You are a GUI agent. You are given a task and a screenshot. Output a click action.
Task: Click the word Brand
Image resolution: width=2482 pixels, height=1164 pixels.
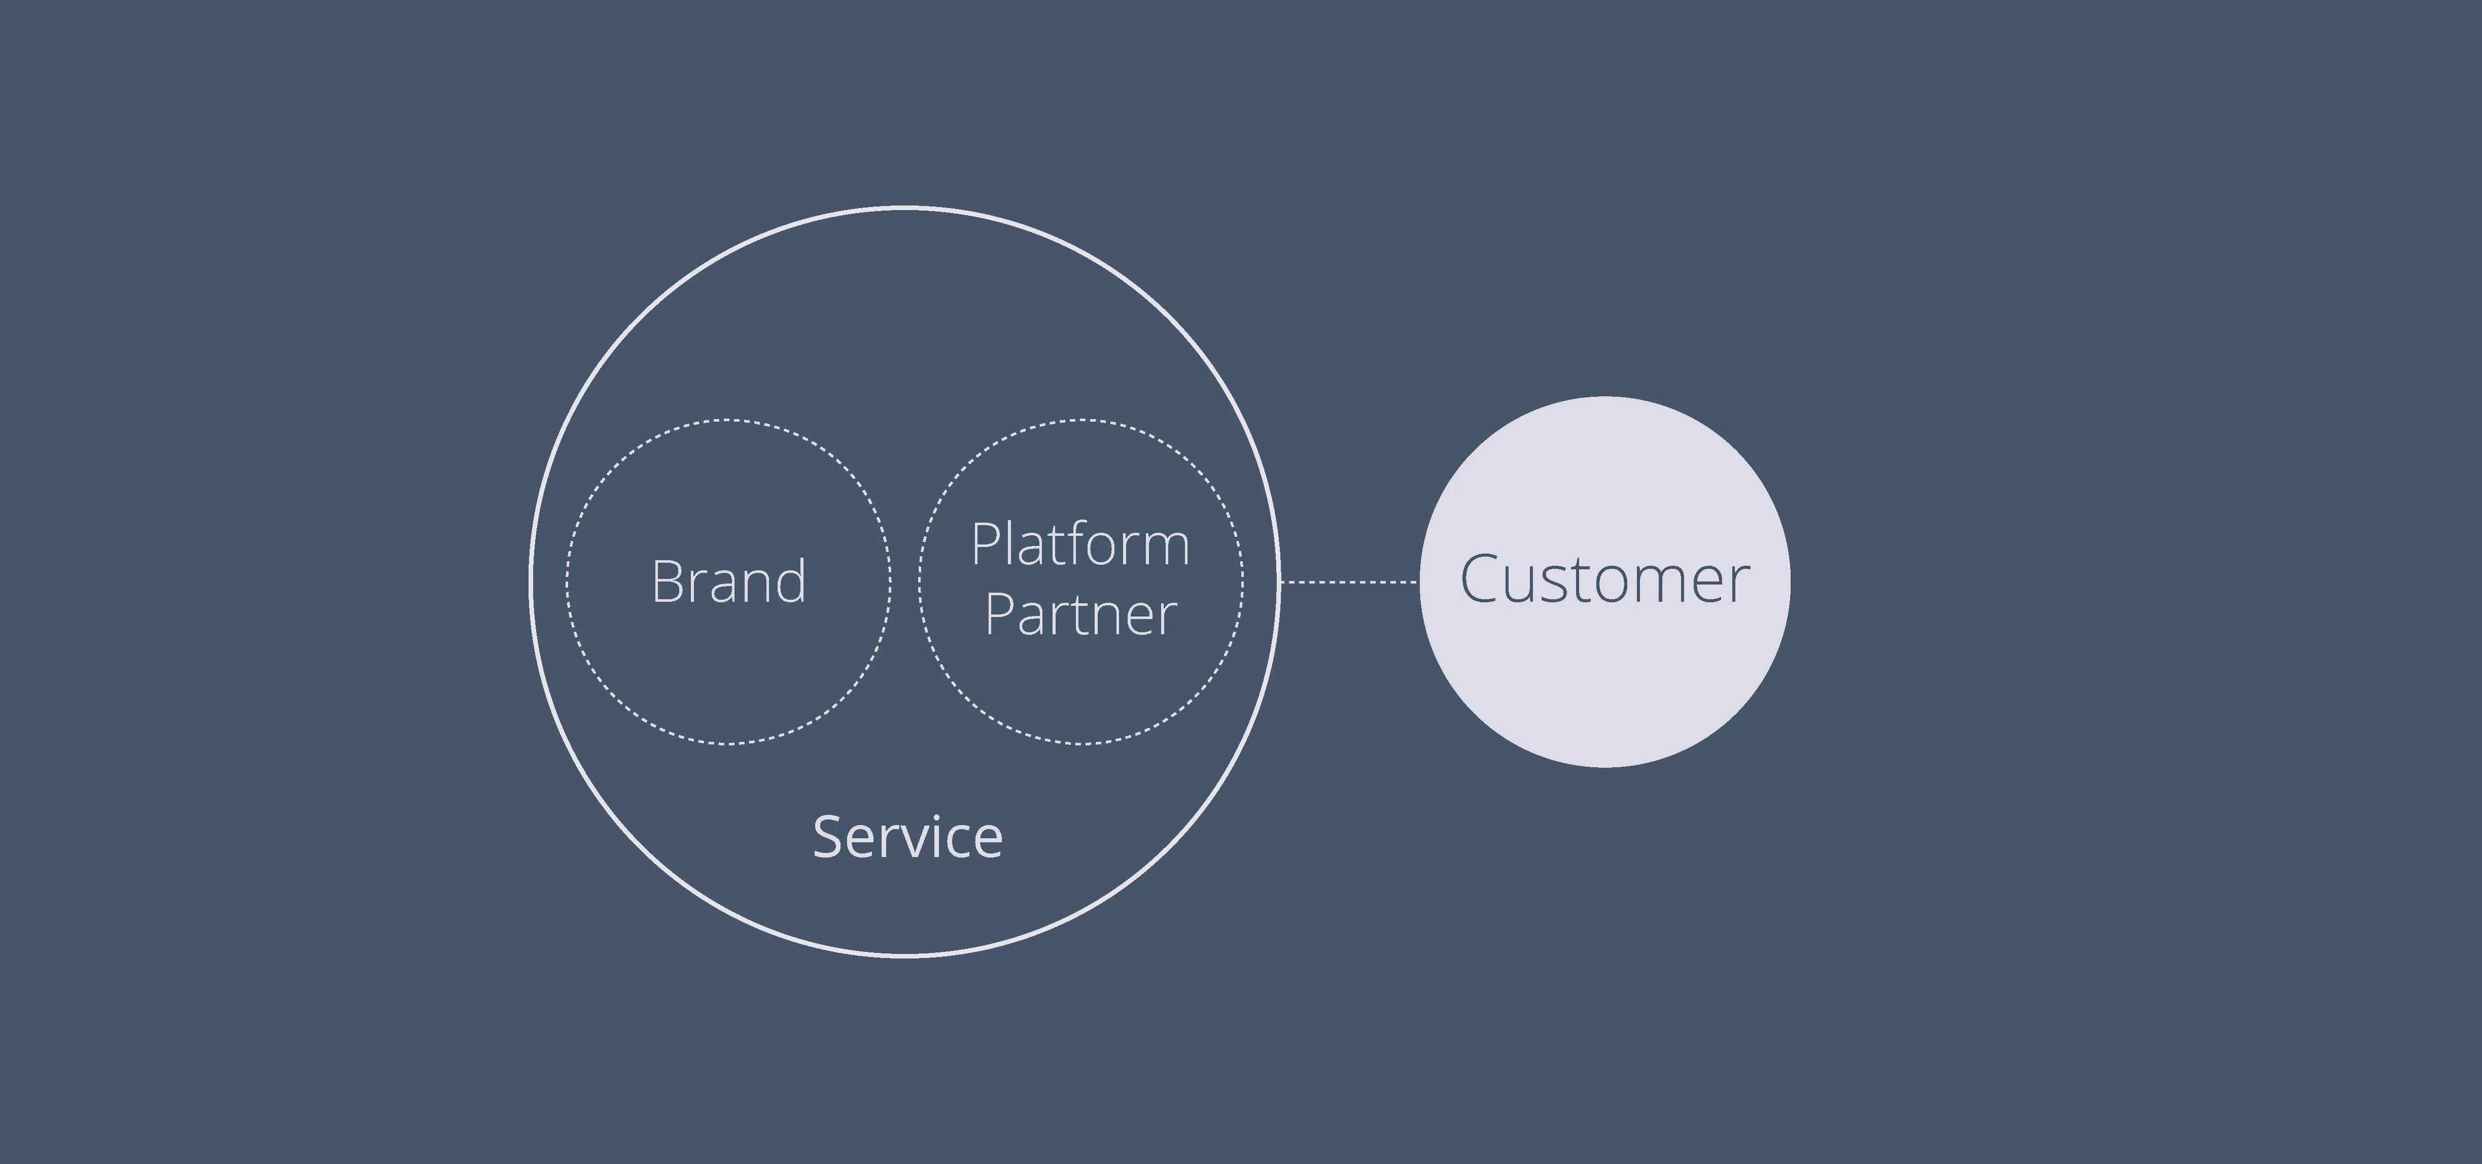click(728, 582)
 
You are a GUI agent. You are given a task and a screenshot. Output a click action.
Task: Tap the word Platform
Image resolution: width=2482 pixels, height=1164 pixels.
click(1080, 545)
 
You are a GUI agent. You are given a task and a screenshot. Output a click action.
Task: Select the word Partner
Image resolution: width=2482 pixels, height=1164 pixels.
click(1080, 615)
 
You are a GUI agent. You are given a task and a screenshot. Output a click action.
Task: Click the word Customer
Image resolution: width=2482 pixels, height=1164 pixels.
click(1604, 580)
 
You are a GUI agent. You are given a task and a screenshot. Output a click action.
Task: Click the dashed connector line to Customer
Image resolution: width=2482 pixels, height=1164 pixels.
click(1349, 582)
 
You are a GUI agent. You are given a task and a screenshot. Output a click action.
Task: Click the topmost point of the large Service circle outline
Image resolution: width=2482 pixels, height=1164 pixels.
click(905, 207)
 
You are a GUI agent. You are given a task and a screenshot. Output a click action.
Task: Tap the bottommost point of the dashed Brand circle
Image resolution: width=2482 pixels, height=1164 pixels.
click(728, 743)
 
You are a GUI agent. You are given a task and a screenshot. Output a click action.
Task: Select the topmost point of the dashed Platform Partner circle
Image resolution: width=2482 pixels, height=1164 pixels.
click(1081, 420)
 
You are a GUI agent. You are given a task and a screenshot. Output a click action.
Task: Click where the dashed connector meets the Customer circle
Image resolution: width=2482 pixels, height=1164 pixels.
click(1419, 582)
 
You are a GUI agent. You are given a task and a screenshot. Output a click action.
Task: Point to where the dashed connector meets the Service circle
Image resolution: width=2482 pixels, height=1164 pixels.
click(1279, 582)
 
